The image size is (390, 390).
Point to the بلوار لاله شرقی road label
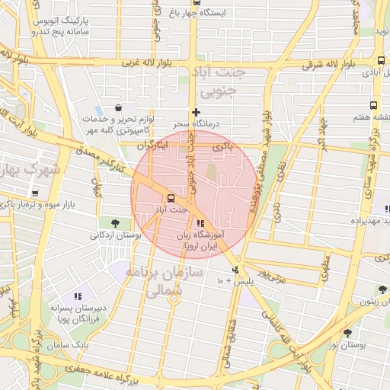328,65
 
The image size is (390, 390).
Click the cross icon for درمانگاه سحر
196,112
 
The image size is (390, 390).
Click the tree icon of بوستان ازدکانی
115,223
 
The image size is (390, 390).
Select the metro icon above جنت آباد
170,198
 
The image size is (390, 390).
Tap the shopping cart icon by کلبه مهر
118,109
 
